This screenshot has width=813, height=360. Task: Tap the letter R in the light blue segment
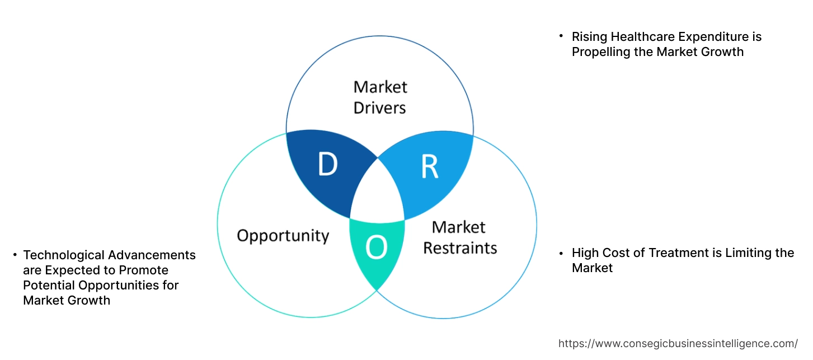(429, 167)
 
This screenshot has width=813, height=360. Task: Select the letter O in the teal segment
(376, 249)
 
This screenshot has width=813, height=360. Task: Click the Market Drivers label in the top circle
(380, 97)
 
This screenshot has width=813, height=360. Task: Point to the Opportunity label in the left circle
(283, 235)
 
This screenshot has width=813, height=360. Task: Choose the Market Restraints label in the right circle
(459, 237)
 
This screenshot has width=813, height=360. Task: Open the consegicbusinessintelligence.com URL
(678, 343)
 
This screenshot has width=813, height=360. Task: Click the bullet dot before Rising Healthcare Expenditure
(561, 36)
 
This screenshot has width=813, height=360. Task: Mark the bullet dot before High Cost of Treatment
(561, 253)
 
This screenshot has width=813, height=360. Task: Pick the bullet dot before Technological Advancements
(15, 255)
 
